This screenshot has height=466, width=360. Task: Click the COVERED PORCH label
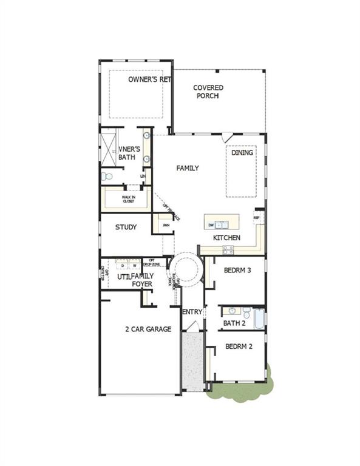208,92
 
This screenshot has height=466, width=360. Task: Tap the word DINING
242,153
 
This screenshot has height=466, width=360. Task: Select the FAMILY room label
188,168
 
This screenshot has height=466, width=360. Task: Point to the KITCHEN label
226,238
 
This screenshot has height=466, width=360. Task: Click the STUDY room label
126,228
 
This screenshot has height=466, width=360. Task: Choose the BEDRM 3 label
237,271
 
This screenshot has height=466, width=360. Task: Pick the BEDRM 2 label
238,347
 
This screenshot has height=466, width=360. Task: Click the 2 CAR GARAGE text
148,329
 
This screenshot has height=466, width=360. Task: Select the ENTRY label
192,312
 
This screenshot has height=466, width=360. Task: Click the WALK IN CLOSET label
128,198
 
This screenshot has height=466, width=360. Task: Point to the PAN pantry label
166,225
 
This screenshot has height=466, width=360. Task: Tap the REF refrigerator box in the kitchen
256,217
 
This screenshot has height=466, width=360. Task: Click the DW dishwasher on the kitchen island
211,225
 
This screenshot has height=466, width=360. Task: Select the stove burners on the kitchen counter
228,248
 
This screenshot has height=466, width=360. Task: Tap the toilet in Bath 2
247,312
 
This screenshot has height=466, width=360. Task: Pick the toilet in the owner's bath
106,177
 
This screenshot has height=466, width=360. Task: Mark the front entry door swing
191,328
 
